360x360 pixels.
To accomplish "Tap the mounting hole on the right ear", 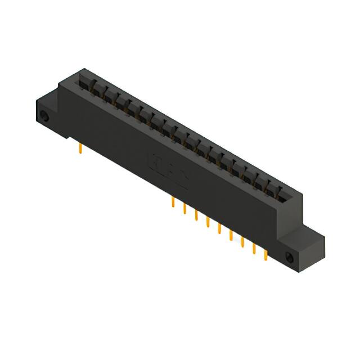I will [x=290, y=258].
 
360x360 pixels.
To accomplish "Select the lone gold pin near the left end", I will [x=82, y=148].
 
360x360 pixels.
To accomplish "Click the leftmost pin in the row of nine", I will [x=173, y=202].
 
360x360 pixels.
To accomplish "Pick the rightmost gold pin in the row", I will [x=266, y=255].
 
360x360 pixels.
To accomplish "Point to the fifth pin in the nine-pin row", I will [x=219, y=228].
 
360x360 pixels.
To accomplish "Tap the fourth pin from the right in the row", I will [x=231, y=235].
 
